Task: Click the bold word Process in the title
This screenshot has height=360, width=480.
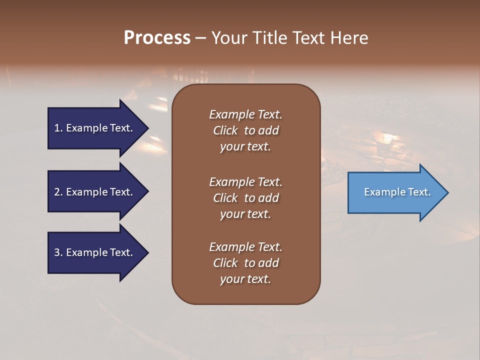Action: point(157,38)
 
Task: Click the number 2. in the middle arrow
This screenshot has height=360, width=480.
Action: point(58,192)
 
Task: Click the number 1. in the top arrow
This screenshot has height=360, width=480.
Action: point(58,128)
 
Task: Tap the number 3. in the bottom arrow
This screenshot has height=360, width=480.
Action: point(58,252)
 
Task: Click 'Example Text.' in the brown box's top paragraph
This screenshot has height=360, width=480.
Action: point(245,114)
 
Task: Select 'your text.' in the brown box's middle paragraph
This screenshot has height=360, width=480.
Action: point(245,214)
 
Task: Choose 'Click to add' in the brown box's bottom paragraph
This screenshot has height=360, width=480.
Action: point(245,263)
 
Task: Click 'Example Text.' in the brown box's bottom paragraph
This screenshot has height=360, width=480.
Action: point(245,247)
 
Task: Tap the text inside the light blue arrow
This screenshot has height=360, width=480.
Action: point(397,192)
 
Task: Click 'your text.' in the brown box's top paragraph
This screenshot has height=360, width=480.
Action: point(245,146)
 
